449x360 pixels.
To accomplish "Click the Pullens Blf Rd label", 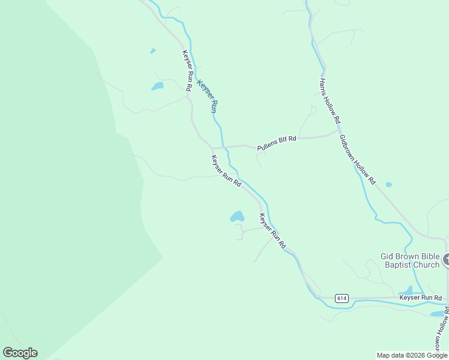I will pos(277,143).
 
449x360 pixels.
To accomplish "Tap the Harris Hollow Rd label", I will pos(330,99).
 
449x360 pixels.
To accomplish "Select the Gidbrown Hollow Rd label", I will pos(357,159).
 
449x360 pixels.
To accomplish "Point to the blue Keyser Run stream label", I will pos(206,97).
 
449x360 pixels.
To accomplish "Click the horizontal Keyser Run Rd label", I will pos(421,297).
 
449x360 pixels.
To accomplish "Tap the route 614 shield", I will pos(342,298).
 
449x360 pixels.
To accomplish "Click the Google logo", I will pos(20,353).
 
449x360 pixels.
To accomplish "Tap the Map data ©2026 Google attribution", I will pos(412,355).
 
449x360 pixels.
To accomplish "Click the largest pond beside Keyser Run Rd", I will pos(238,217).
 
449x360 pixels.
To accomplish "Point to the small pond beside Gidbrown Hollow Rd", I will pos(388,184).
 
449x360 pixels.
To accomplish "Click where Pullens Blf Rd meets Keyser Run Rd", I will pos(213,147).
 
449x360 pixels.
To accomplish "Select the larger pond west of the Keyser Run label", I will pos(157,86).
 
